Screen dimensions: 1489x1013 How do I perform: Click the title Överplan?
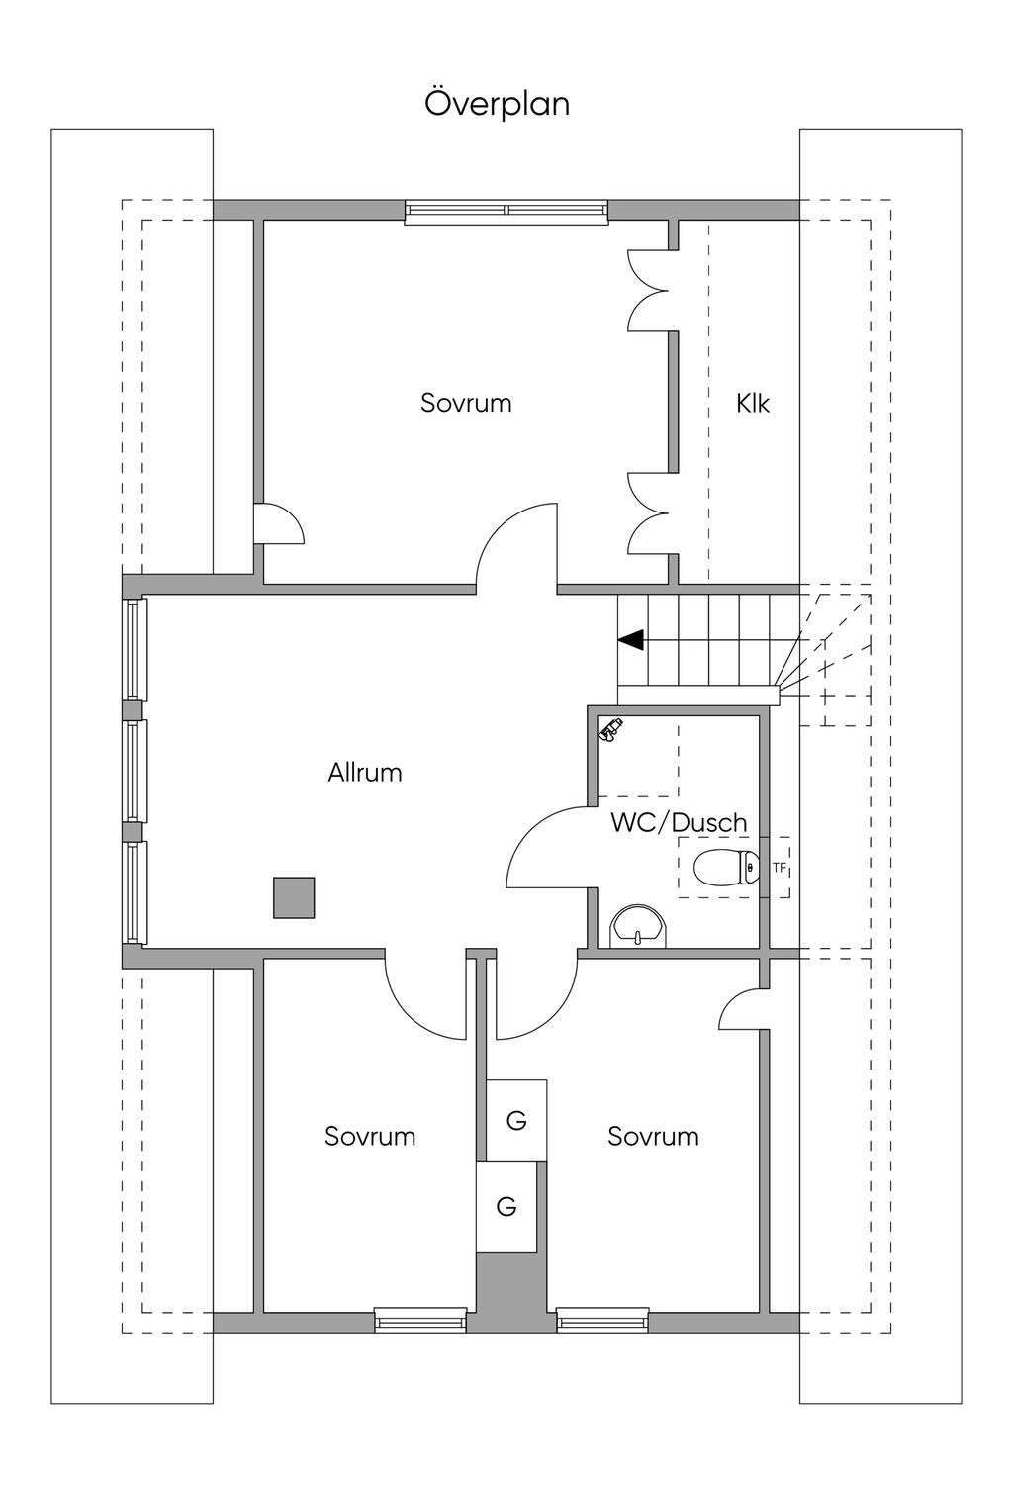pos(498,104)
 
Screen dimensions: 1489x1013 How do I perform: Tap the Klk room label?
pos(753,404)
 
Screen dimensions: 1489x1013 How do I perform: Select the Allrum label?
pos(365,773)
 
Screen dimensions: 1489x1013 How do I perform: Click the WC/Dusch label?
pos(679,822)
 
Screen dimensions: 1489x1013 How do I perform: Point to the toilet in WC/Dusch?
pos(725,868)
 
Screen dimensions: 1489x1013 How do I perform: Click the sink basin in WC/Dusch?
pos(639,928)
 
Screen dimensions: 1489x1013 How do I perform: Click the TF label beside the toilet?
pos(780,868)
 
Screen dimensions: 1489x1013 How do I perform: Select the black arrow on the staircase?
pos(631,640)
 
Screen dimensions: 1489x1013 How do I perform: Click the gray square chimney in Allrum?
pos(294,897)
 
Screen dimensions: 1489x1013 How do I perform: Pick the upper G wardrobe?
pos(516,1120)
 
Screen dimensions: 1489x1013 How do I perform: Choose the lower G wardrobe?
pos(506,1206)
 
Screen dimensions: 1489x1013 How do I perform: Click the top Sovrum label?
pos(466,404)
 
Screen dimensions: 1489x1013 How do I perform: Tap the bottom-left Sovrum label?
pos(370,1137)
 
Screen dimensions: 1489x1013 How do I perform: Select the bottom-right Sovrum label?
pos(653,1137)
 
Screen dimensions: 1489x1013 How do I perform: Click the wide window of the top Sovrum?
pos(506,211)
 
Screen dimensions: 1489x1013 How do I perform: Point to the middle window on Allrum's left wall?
pos(135,771)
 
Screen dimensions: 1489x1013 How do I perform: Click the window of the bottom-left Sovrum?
pos(420,1320)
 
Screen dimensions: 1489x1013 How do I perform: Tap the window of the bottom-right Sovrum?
pos(601,1320)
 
